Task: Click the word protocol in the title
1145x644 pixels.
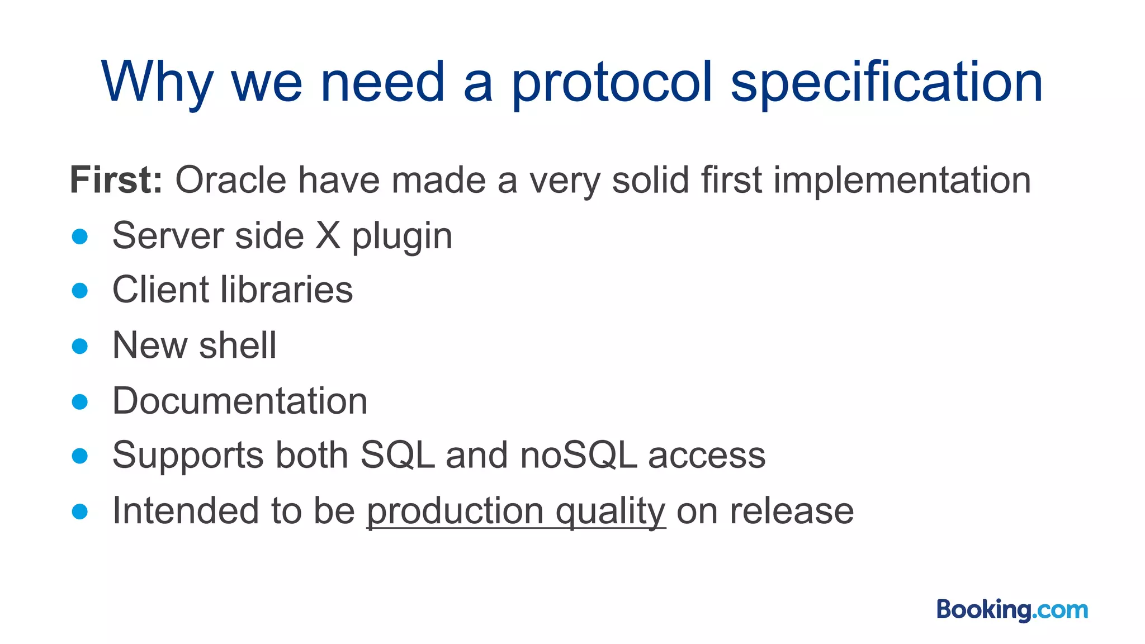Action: coord(612,84)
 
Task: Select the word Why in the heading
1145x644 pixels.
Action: coord(157,84)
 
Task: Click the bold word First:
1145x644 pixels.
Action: coord(116,180)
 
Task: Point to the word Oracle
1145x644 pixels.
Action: coord(230,180)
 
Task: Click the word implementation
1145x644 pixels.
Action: coord(902,180)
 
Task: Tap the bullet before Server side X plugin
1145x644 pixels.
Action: coord(80,236)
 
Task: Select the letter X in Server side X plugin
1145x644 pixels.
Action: coord(328,235)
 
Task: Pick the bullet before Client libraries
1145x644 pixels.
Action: coord(80,291)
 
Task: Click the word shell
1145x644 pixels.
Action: coord(238,345)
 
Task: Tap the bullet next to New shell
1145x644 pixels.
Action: coord(80,346)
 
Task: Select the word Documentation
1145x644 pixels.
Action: coord(240,401)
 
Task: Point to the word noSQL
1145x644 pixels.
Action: coord(579,454)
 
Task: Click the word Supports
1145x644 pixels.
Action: coord(188,456)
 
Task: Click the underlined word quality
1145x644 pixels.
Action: coord(610,511)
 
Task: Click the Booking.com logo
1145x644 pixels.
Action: coord(1012,610)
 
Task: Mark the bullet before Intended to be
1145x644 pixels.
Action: coord(80,512)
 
